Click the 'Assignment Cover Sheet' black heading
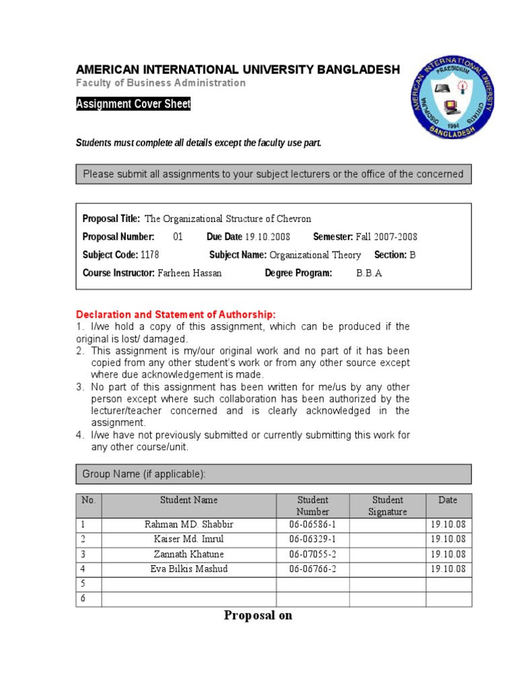[x=133, y=104]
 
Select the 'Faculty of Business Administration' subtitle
[x=160, y=83]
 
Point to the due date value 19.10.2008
[x=267, y=237]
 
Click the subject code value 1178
[x=149, y=255]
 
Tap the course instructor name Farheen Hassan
[x=189, y=273]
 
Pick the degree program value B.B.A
[x=369, y=273]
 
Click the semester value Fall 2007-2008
[x=386, y=237]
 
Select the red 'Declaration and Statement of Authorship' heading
[x=176, y=314]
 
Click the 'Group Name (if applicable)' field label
[x=143, y=474]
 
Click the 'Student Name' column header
[x=188, y=500]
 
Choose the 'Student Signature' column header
[x=388, y=505]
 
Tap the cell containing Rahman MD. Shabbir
[x=188, y=524]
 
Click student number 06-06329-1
[x=312, y=539]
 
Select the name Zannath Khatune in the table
[x=188, y=554]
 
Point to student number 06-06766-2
[x=312, y=569]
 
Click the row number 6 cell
[x=88, y=598]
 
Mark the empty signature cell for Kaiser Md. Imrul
[x=388, y=539]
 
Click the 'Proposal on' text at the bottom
[x=258, y=615]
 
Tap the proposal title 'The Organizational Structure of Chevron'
[x=228, y=219]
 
